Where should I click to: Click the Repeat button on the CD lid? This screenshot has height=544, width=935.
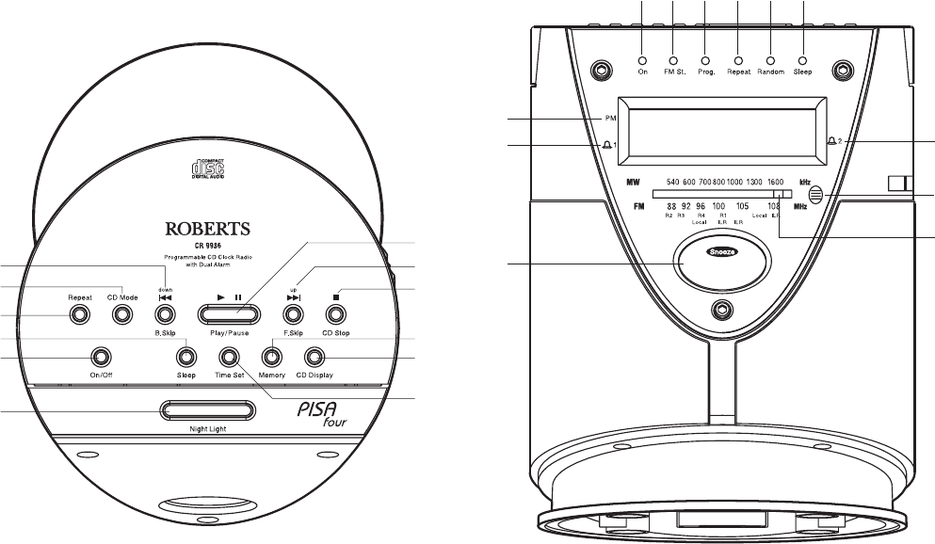[79, 315]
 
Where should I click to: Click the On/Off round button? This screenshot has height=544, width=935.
[98, 357]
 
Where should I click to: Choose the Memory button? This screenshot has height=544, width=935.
[272, 357]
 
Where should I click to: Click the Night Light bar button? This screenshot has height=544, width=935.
[207, 410]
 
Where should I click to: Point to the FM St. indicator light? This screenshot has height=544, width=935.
[674, 59]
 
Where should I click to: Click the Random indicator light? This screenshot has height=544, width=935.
[770, 59]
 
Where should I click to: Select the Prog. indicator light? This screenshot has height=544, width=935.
[705, 59]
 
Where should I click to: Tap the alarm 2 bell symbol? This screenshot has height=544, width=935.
[831, 141]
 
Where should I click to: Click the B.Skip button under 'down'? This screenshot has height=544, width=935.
[166, 314]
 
